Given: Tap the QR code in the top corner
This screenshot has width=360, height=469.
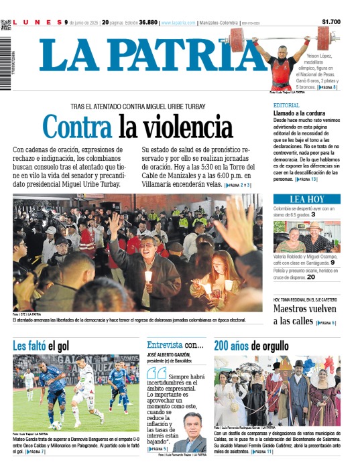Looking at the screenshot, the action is (6, 25).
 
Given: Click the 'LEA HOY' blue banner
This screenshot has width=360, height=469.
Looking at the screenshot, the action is (306, 199).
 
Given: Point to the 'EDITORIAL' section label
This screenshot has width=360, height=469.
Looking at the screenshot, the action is (286, 105).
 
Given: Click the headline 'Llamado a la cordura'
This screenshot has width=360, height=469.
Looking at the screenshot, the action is (299, 113).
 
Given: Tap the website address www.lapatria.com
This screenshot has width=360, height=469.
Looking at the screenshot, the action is (178, 23).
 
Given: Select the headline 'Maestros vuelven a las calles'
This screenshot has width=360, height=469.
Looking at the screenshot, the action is (305, 315).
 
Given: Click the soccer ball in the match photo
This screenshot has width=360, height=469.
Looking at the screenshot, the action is (57, 425).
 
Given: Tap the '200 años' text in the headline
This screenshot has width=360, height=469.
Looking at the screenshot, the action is (232, 346).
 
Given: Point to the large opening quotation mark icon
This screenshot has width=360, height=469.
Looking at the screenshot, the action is (156, 373).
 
